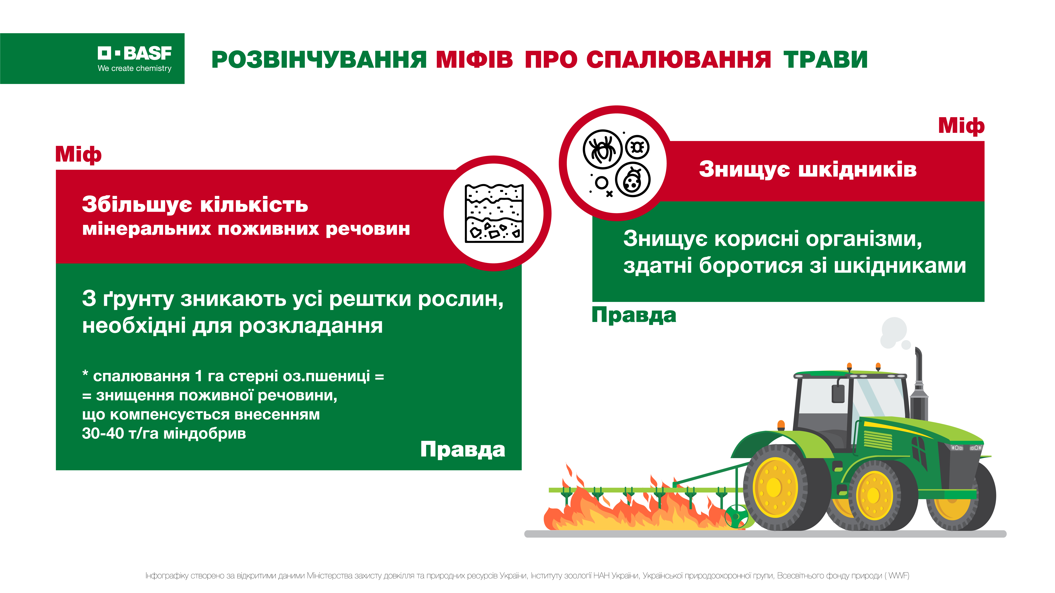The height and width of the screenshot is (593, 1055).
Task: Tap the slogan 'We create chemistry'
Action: point(134,68)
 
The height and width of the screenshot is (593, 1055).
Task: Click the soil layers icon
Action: point(494,213)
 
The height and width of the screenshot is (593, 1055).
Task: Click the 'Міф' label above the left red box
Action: point(78,155)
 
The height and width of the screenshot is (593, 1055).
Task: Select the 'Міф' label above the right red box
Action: point(961,126)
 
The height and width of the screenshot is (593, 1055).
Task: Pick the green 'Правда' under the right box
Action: point(634,315)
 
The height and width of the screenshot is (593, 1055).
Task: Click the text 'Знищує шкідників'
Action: point(808,169)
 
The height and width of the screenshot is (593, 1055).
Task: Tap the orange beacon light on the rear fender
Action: point(781,425)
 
